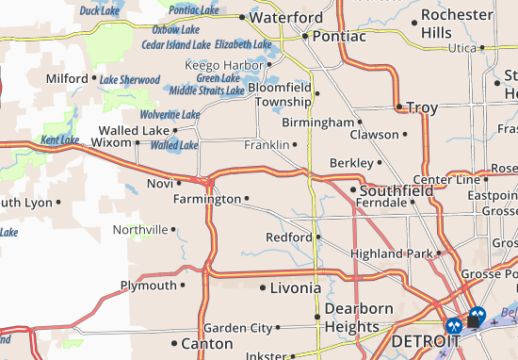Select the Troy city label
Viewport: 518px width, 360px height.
422,107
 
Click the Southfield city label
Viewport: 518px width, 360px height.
397,189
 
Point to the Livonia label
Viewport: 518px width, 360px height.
296,286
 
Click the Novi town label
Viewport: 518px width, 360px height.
159,183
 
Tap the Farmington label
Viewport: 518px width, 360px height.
207,199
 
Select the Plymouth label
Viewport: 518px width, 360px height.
148,285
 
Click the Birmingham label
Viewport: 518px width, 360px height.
317,123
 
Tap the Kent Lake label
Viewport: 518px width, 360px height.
60,140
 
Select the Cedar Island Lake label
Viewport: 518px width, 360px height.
175,44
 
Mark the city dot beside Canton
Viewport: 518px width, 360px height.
174,343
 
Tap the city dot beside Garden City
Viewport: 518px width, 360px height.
278,328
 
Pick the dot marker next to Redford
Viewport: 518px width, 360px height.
318,237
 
